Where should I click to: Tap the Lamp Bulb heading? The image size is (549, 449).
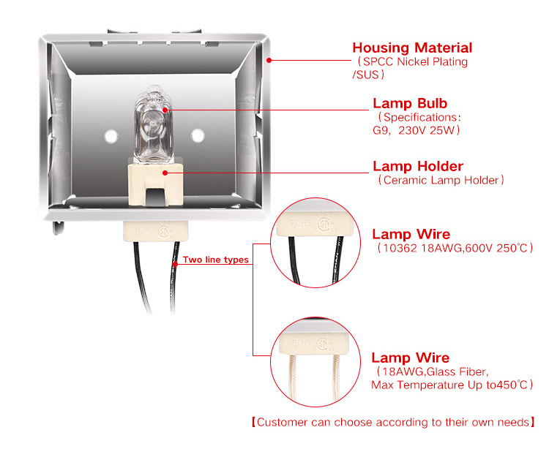[410, 103]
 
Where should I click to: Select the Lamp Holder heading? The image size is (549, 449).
[418, 166]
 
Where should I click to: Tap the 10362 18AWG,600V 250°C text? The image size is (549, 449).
[455, 249]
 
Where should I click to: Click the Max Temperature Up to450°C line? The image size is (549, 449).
[452, 385]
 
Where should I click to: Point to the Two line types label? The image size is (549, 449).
[215, 260]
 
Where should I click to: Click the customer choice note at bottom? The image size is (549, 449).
[392, 422]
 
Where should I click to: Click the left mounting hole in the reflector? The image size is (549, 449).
[111, 135]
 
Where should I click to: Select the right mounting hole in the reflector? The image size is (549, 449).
[197, 135]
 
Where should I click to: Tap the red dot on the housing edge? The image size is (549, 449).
[269, 60]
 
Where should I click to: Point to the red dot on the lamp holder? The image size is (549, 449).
[167, 173]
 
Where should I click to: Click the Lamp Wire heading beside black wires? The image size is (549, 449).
[411, 235]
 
